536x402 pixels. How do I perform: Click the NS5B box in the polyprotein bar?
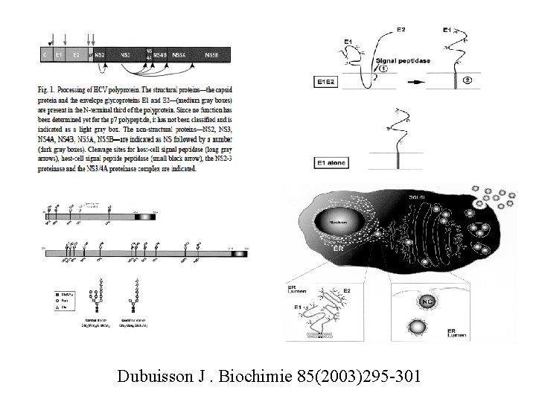pyautogui.click(x=210, y=55)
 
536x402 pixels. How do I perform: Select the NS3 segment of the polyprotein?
pyautogui.click(x=126, y=55)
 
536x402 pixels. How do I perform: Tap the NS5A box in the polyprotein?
pyautogui.click(x=178, y=55)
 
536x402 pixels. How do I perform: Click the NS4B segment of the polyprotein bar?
pyautogui.click(x=160, y=55)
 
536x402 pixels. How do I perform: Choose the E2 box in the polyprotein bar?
pyautogui.click(x=76, y=55)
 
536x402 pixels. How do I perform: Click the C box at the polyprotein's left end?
pyautogui.click(x=45, y=55)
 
